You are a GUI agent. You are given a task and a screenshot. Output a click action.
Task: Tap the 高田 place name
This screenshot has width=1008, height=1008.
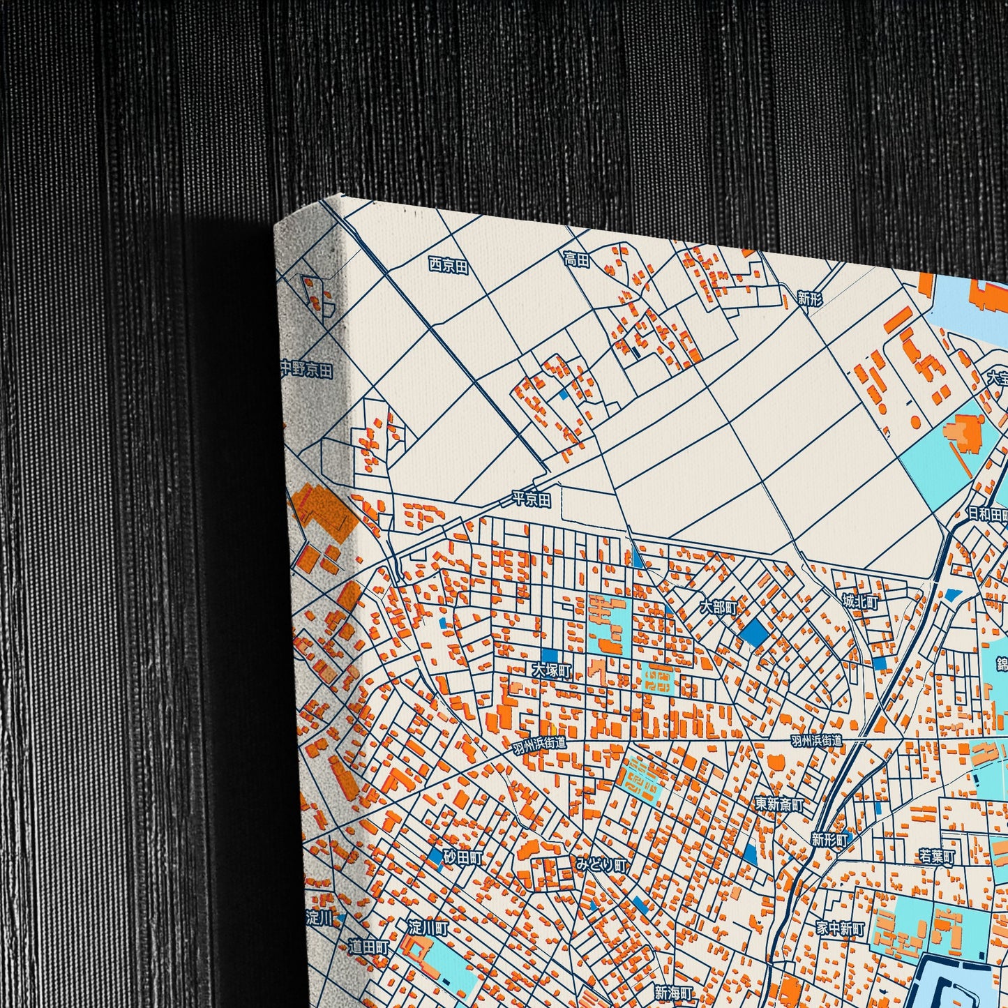[576, 259]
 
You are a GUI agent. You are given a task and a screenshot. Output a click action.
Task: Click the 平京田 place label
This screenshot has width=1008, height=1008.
[532, 499]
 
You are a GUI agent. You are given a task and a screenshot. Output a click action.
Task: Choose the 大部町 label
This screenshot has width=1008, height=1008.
[719, 607]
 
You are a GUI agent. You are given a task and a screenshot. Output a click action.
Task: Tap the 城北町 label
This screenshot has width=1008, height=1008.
[860, 601]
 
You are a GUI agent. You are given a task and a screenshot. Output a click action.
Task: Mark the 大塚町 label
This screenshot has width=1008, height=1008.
[551, 670]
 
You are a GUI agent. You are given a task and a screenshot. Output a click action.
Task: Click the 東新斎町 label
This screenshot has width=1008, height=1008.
[779, 804]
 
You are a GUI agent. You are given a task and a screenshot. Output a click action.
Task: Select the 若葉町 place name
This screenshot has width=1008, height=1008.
[936, 856]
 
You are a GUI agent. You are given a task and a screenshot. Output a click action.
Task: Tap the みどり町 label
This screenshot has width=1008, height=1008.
[601, 865]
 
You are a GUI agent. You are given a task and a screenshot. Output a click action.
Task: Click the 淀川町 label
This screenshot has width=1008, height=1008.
[428, 928]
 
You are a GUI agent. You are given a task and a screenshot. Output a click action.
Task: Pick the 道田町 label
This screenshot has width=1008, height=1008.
[368, 947]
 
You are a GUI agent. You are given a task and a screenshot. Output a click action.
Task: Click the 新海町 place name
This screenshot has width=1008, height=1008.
[674, 992]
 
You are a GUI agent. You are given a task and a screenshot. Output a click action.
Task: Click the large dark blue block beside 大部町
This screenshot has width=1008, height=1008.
[754, 632]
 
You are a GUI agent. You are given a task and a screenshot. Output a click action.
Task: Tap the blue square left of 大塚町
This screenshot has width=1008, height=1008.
[549, 655]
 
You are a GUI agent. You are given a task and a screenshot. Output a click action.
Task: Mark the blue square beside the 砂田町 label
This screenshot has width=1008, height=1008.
[435, 856]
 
